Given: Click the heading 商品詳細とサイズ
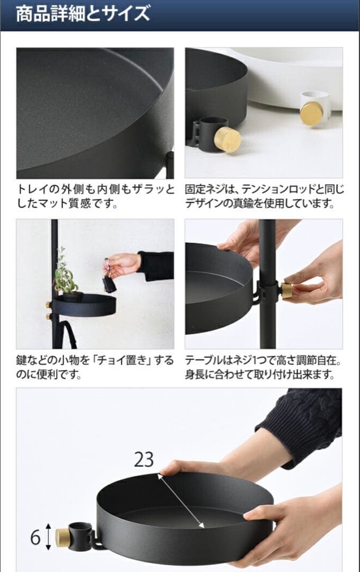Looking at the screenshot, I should tap(83, 14).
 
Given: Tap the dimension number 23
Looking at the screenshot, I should tap(143, 459).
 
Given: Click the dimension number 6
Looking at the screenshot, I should tap(35, 537).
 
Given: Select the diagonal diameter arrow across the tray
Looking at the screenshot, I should tap(181, 501).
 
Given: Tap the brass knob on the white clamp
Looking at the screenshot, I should tap(311, 113).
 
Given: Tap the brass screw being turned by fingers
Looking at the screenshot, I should tap(286, 290).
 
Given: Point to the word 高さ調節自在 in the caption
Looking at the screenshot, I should tap(307, 361).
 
